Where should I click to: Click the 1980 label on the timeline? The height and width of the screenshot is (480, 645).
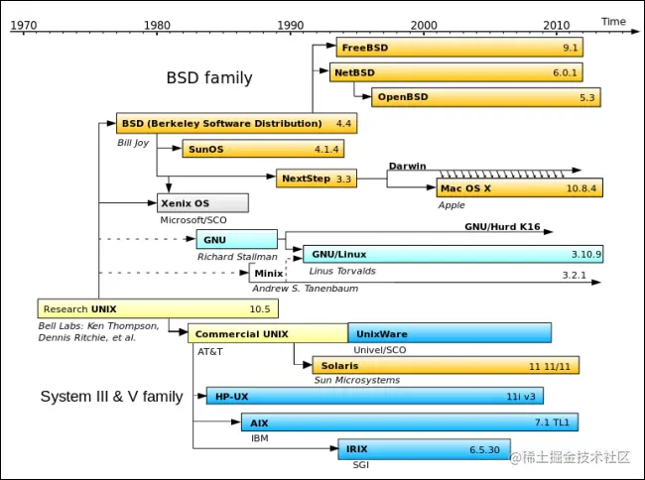coord(156,24)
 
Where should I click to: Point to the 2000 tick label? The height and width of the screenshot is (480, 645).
coord(424,24)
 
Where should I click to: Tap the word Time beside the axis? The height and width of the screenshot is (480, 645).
coord(613,21)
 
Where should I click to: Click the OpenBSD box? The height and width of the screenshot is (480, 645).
coord(486,97)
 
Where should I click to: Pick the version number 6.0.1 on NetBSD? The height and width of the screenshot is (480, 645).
coord(565,72)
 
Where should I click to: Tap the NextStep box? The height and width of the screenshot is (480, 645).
coord(317,179)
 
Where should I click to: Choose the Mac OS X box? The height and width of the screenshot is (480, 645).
coord(519,187)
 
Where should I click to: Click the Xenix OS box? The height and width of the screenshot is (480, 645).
coord(202,203)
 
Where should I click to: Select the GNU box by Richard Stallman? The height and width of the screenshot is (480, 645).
coord(236,239)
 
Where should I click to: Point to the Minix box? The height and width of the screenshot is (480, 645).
coord(267,273)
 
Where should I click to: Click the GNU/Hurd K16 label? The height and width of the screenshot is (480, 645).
coord(502,227)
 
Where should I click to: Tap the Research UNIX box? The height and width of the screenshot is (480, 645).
coord(157,308)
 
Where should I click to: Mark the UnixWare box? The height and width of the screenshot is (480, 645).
coord(449,333)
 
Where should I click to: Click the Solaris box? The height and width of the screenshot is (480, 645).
coord(445,366)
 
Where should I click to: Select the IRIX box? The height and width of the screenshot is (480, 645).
coord(424,449)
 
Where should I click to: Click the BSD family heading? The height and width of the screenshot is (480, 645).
coord(208,77)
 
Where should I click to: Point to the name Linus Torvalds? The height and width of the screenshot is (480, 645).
coord(342,271)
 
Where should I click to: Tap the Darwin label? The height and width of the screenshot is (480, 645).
coord(407,166)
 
